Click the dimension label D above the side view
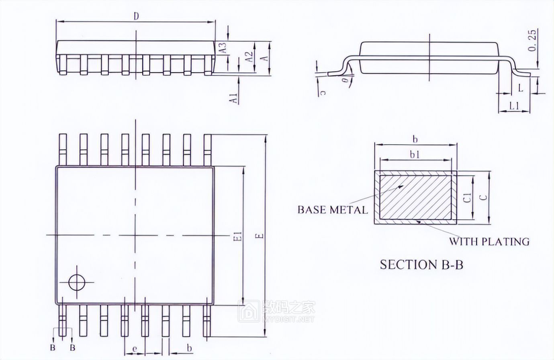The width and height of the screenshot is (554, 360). click(x=136, y=16)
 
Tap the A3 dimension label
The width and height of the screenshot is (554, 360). click(x=223, y=48)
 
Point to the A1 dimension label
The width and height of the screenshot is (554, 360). click(x=234, y=98)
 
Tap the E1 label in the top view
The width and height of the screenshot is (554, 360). click(x=238, y=236)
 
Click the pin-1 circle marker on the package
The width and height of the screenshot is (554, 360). click(x=77, y=282)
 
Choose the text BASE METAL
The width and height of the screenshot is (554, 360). click(x=332, y=210)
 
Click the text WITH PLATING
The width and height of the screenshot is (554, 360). click(x=489, y=241)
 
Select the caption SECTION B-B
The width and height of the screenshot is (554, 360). click(x=421, y=265)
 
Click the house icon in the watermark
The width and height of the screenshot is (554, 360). click(x=249, y=311)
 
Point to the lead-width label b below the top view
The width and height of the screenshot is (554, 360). click(x=189, y=347)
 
